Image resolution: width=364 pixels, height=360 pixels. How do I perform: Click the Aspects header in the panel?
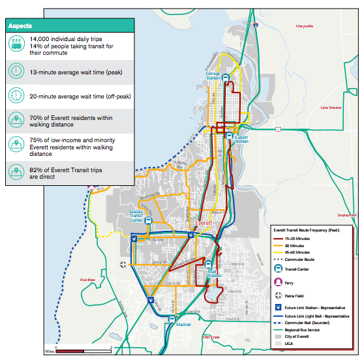click(x=20, y=26)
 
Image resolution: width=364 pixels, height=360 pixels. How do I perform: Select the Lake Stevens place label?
click(x=331, y=108)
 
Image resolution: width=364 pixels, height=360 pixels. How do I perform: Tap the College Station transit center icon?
click(x=226, y=77)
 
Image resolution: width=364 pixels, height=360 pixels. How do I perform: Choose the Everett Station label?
click(x=242, y=140)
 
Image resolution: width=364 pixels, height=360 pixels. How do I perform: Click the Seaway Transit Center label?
click(x=136, y=215)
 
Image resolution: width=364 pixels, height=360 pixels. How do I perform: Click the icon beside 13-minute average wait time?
click(x=15, y=70)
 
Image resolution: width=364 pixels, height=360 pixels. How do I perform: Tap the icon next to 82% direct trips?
click(x=15, y=172)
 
